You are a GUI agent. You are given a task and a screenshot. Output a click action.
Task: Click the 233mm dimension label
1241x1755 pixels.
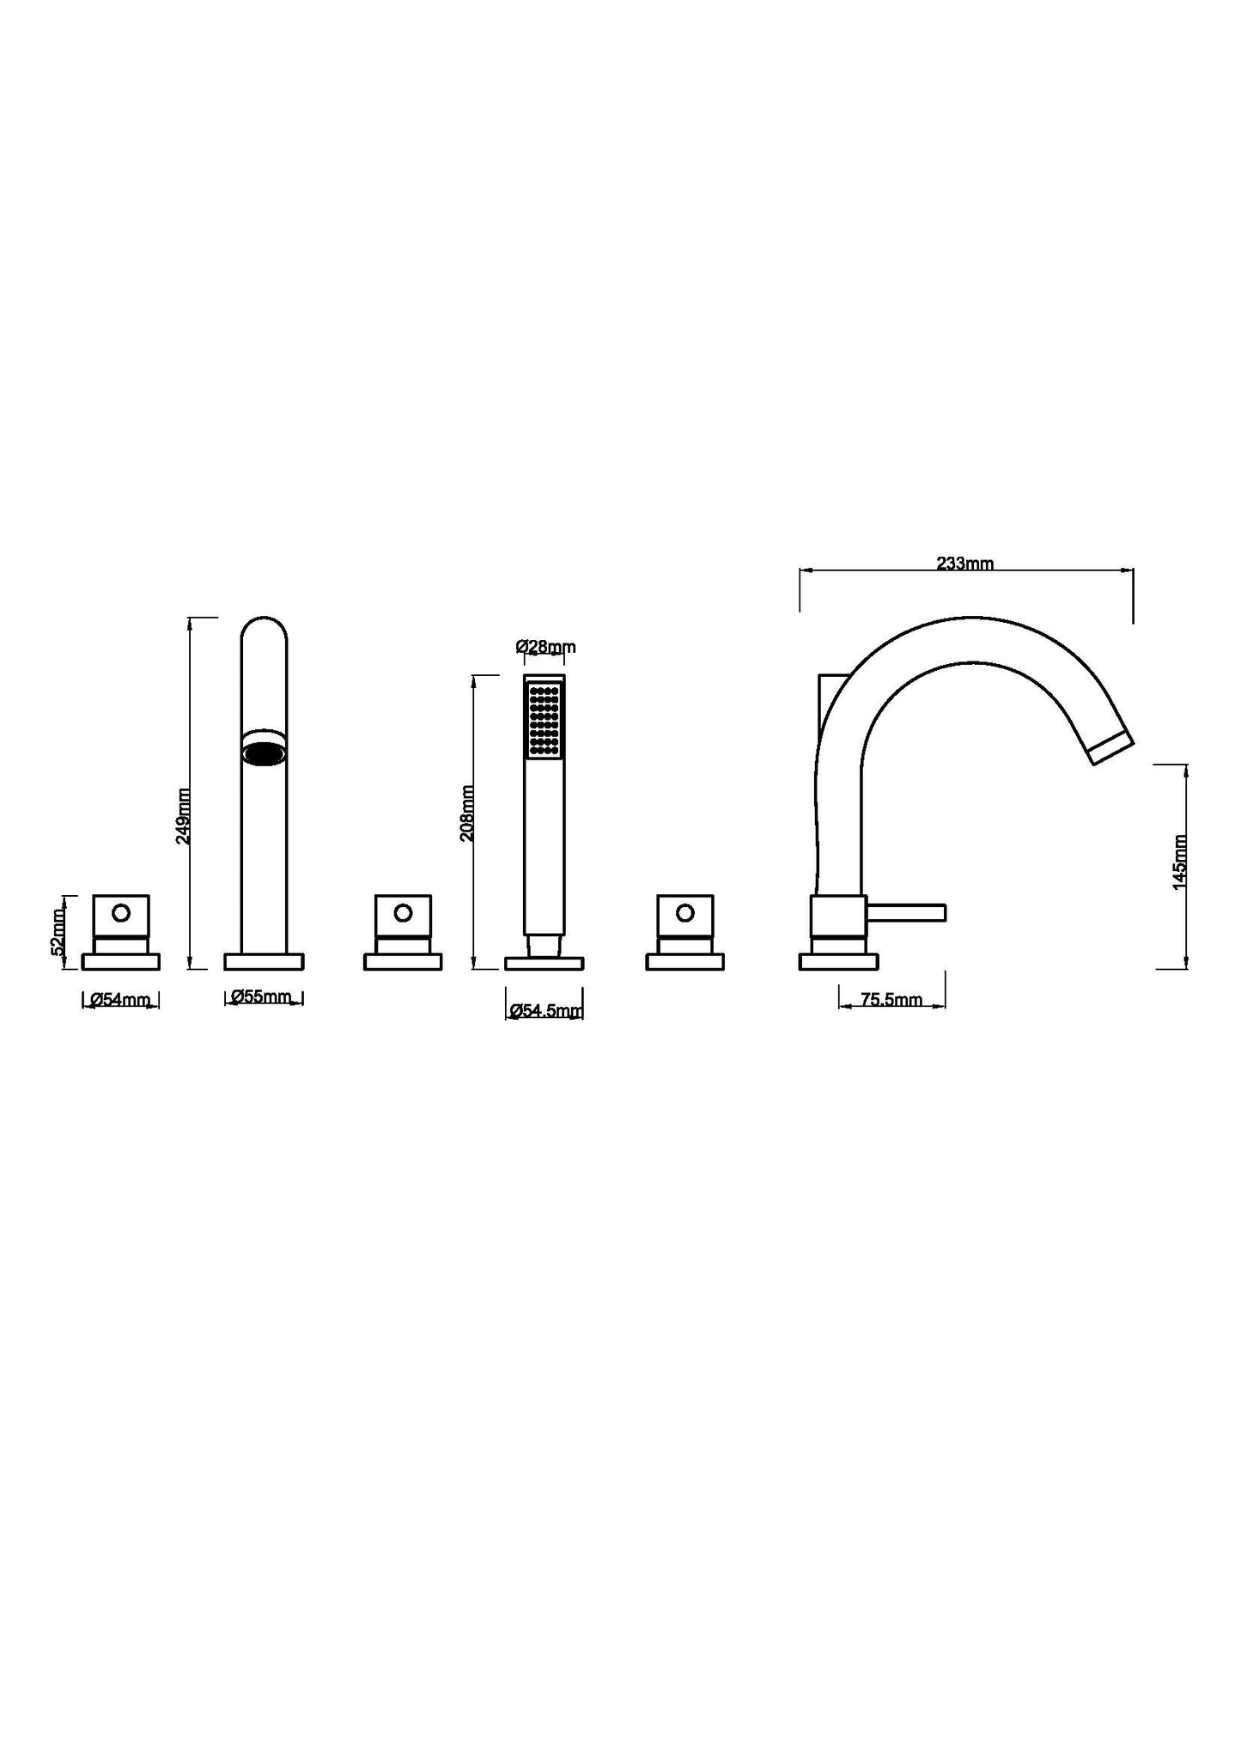click(964, 564)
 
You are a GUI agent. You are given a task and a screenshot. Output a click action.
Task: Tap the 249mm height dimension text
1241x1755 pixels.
click(184, 816)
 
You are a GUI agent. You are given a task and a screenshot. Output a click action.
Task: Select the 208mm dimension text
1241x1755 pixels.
click(467, 813)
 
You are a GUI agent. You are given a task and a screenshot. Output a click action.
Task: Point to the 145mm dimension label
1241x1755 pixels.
click(1180, 862)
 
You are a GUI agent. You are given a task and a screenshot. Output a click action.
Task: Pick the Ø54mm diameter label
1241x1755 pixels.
click(120, 999)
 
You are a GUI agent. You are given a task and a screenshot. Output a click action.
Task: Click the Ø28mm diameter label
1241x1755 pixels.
click(545, 647)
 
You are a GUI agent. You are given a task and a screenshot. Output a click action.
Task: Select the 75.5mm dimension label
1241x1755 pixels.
click(891, 999)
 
